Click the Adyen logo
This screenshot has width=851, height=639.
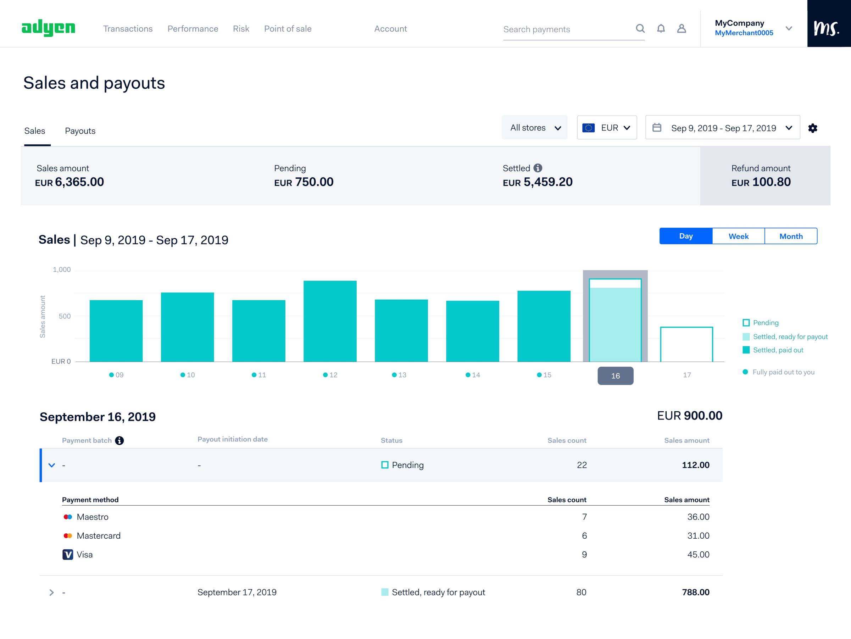48,28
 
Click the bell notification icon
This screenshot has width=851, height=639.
661,28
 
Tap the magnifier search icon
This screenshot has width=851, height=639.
640,28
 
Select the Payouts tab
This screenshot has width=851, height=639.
80,131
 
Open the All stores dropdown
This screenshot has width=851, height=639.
534,128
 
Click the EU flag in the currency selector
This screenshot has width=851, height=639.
588,128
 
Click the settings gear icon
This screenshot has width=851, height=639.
813,128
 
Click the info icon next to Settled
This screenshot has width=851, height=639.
538,168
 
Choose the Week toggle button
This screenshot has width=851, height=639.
738,236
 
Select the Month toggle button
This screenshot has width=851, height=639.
791,236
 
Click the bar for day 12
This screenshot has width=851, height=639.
330,321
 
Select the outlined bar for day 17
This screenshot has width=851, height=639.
686,344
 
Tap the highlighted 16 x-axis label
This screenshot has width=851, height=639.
615,376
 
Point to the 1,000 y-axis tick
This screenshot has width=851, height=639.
62,270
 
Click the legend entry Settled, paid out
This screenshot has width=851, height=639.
778,350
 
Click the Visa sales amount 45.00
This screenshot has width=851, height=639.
698,554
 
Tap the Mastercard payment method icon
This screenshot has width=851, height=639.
68,535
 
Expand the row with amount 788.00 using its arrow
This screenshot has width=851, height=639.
51,593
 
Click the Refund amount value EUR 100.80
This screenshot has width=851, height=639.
761,182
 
